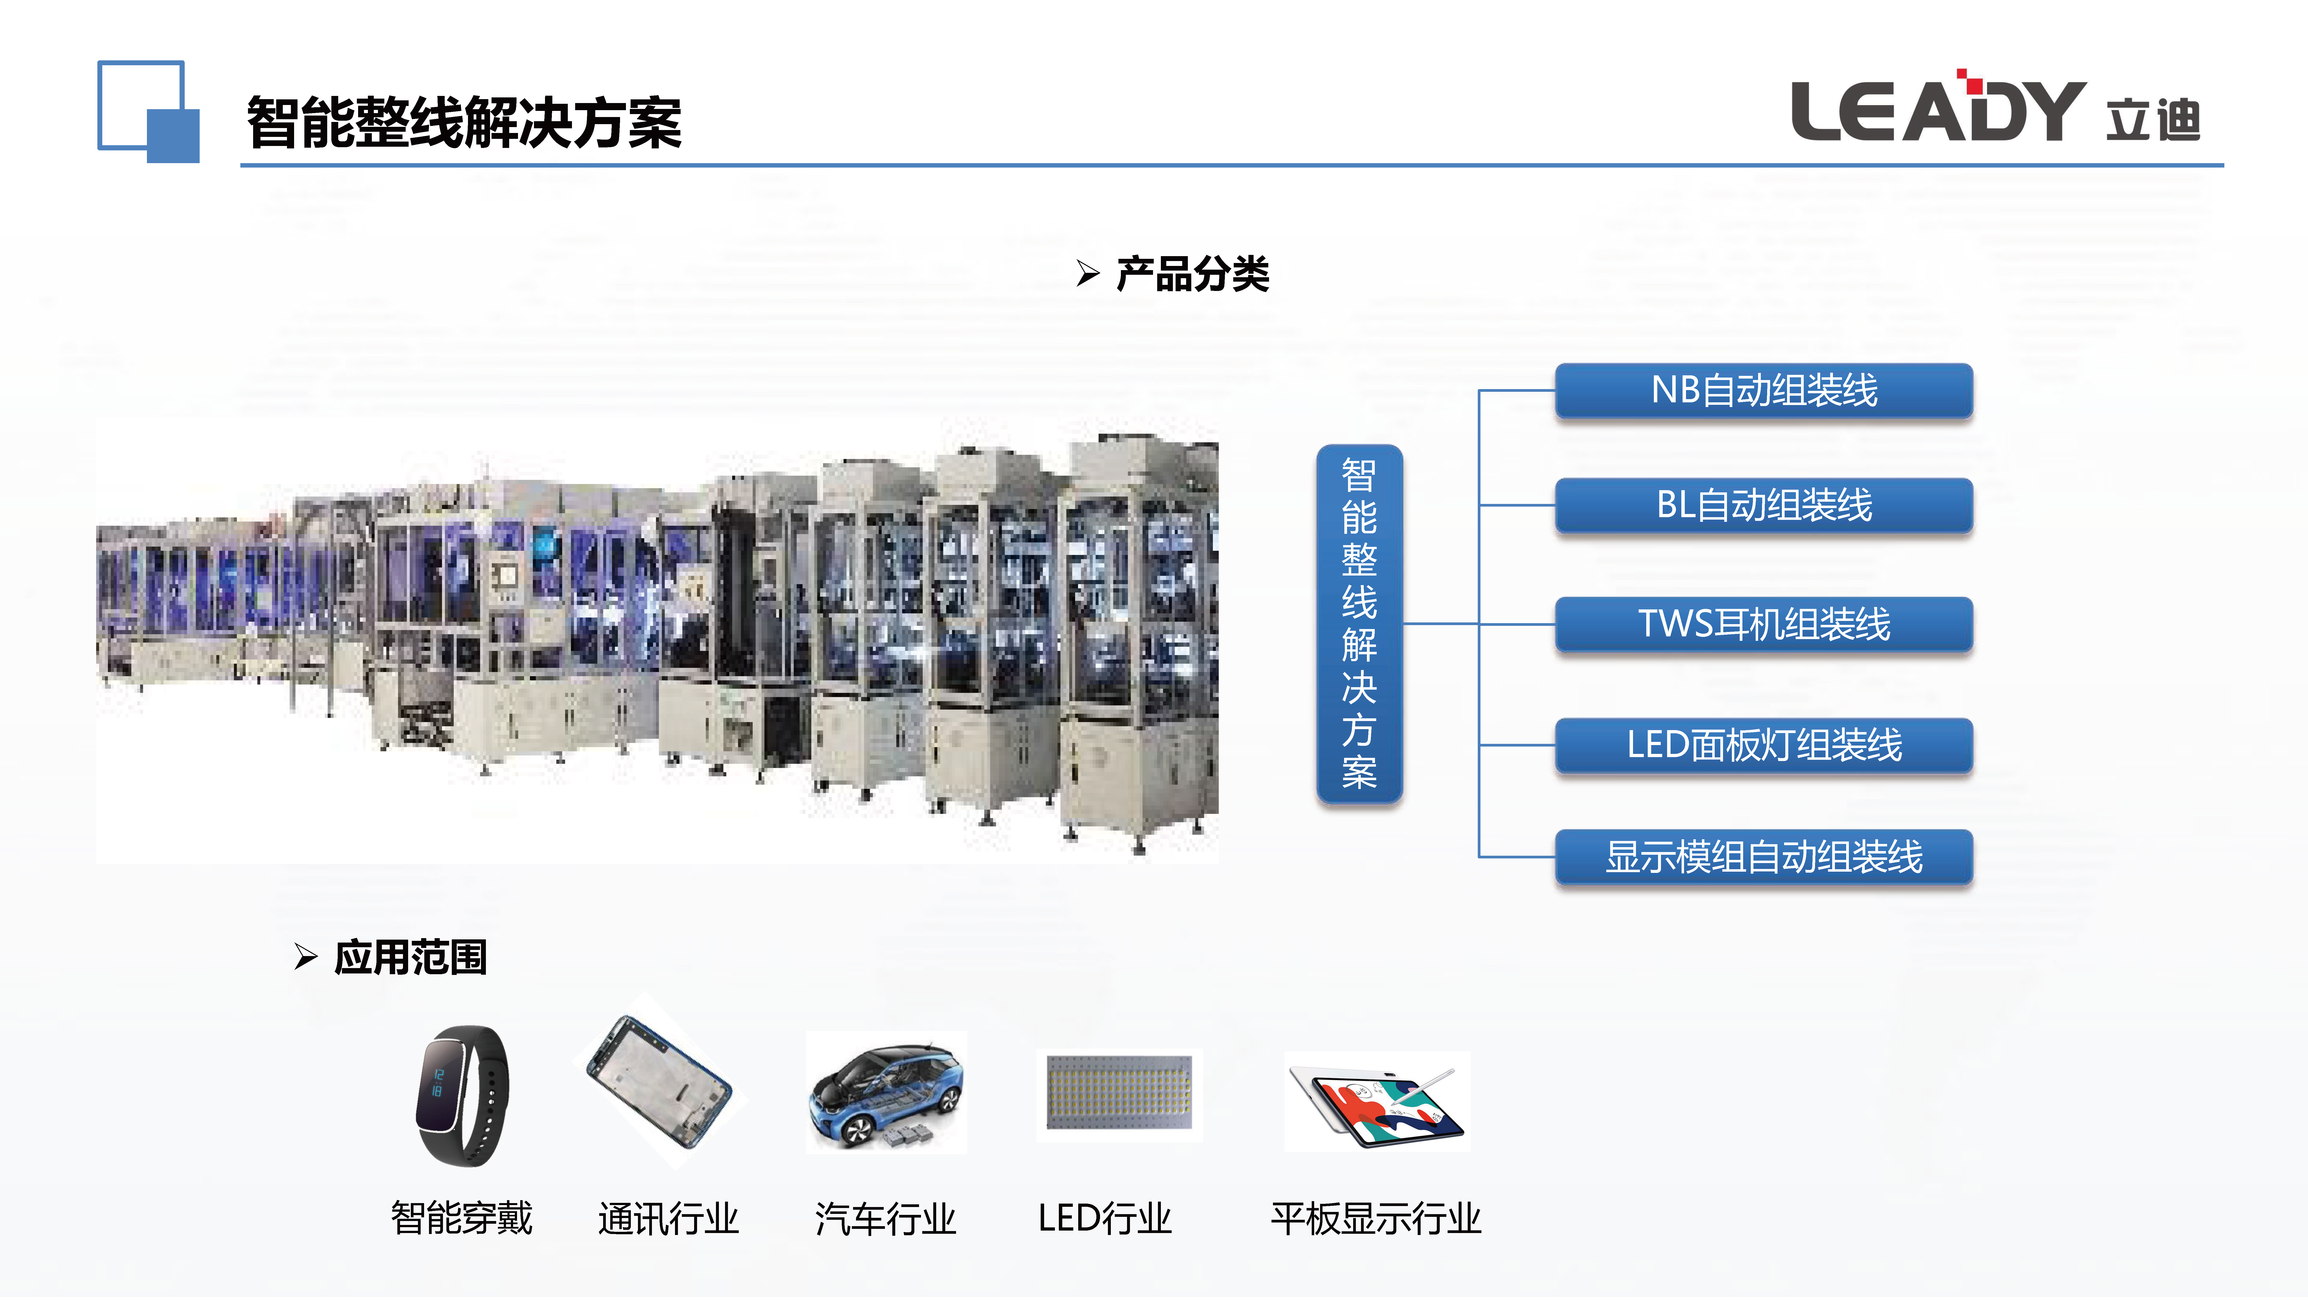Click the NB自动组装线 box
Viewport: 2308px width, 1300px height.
1763,391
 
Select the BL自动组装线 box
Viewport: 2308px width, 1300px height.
1763,505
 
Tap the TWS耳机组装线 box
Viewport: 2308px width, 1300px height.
1763,624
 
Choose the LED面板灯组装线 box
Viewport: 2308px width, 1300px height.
1763,745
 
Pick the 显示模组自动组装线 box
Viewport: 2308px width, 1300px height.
1763,856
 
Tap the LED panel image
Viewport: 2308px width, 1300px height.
1119,1094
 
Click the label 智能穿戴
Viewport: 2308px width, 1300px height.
461,1219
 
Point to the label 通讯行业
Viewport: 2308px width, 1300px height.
668,1219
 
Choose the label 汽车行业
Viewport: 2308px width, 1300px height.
885,1219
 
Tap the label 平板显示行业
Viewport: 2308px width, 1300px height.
1376,1219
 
